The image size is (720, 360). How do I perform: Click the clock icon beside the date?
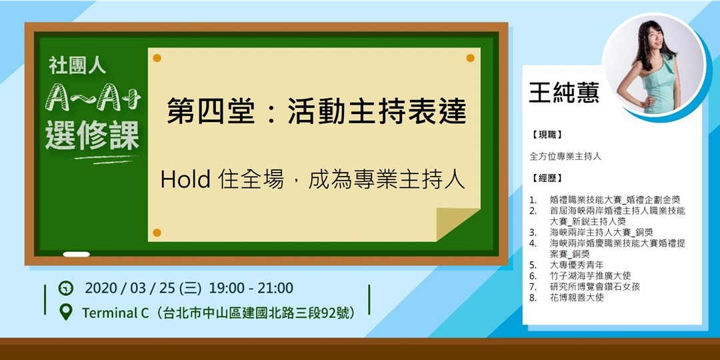65,289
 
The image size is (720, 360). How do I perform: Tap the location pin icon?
65,311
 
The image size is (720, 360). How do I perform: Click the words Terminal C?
115,312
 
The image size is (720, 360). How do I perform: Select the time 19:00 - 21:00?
251,289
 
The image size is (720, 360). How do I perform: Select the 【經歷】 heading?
547,178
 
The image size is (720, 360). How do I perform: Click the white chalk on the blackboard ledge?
76,254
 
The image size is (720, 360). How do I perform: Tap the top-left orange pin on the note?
157,58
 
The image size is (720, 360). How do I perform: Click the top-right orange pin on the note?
470,58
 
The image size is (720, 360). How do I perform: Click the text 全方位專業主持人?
565,157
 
